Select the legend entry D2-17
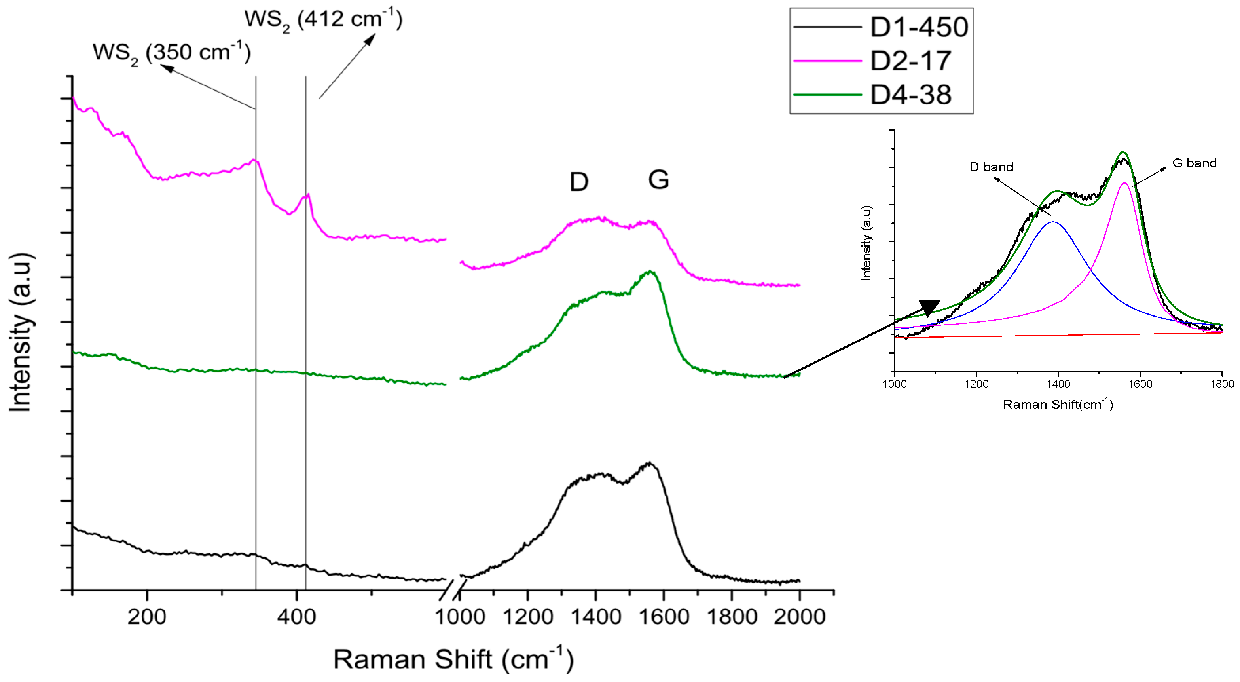[x=910, y=61]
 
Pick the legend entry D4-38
[x=910, y=95]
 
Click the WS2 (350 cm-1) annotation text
[x=172, y=53]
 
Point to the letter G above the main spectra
[x=658, y=180]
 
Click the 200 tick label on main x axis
[x=147, y=617]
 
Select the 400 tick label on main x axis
[x=296, y=617]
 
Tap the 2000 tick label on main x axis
[x=799, y=617]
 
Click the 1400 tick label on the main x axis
[x=595, y=617]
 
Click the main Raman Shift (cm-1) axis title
[x=453, y=659]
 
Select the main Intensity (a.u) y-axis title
[x=20, y=332]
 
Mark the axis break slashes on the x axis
[x=453, y=591]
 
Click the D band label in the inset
[x=991, y=167]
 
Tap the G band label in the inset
[x=1194, y=163]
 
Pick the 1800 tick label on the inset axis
[x=1222, y=384]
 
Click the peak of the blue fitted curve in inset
[x=1053, y=222]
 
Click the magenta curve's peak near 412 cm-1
[x=307, y=195]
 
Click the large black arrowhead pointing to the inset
[x=929, y=307]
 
